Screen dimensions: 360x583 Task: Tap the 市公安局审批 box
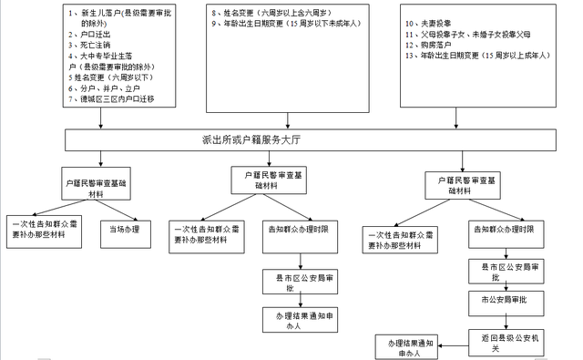pos(506,299)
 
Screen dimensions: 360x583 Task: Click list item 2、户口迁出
pos(92,33)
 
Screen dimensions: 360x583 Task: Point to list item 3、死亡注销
pos(92,44)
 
